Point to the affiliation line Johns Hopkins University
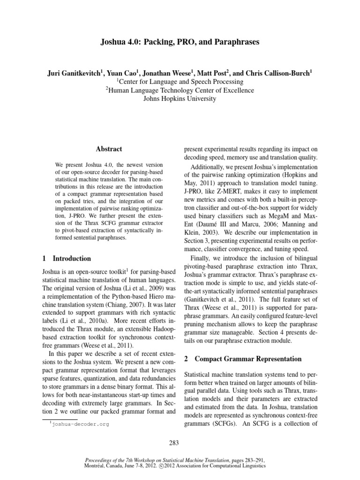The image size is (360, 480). pos(180,99)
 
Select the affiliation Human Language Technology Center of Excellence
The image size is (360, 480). pos(180,90)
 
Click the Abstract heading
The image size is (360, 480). pos(109,149)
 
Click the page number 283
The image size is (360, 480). pos(180,442)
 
